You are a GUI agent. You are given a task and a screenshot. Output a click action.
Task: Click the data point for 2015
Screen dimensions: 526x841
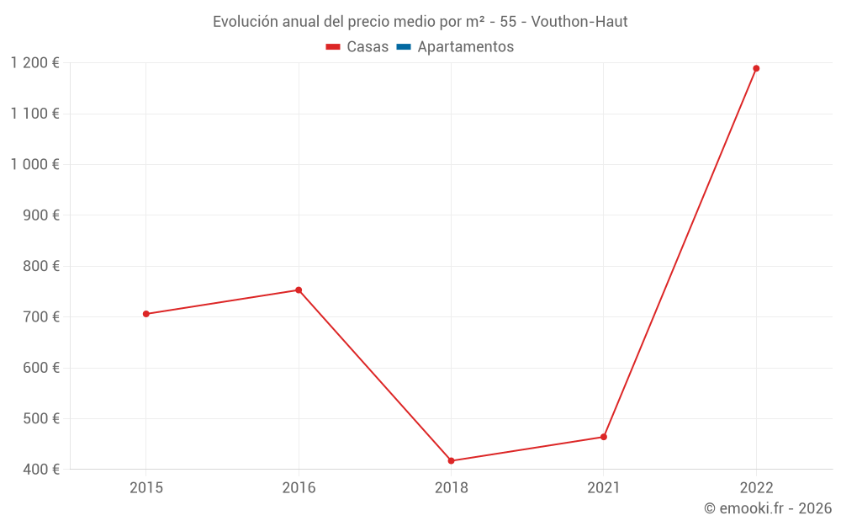[x=145, y=314]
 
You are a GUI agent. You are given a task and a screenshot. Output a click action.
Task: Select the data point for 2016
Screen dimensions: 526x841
[x=299, y=290]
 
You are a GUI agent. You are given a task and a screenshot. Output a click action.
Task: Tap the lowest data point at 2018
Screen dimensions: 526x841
[x=451, y=460]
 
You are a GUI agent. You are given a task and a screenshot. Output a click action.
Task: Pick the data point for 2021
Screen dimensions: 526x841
[x=604, y=437]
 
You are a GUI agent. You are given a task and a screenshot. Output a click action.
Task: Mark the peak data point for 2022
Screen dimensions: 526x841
[x=756, y=68]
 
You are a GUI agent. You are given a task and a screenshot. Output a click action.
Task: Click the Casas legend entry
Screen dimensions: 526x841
[x=357, y=47]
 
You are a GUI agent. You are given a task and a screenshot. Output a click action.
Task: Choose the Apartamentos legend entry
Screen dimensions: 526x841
[x=455, y=47]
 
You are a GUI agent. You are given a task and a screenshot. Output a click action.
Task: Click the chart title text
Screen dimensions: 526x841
[x=420, y=22]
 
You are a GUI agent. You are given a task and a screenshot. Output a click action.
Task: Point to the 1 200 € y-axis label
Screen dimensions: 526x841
[x=34, y=63]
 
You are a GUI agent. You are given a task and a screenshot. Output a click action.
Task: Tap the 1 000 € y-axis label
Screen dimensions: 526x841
[x=34, y=164]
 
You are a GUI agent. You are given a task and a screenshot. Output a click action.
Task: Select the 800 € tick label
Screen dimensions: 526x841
[x=40, y=266]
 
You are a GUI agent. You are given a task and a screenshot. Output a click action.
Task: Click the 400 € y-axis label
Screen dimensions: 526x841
[x=40, y=469]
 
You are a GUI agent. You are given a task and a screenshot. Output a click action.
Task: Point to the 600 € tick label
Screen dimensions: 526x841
[x=40, y=368]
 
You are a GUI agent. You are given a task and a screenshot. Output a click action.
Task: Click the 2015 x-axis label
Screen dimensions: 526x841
[x=145, y=488]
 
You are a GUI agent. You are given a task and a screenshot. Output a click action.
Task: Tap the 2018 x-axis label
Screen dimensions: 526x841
[x=451, y=488]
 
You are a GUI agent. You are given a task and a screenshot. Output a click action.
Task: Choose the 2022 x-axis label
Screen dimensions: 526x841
[x=756, y=488]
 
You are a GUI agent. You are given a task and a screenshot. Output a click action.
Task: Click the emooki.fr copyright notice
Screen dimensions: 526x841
[x=767, y=508]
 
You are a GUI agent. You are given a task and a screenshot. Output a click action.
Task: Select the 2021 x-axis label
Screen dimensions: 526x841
[x=604, y=488]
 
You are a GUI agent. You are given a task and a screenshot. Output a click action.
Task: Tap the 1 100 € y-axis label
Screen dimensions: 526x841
[x=34, y=114]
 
